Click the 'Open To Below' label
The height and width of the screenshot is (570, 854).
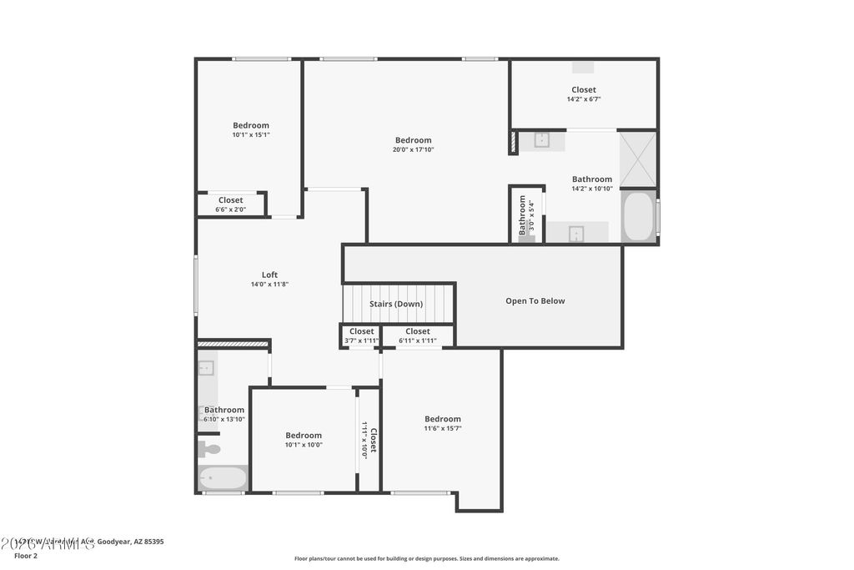point(535,301)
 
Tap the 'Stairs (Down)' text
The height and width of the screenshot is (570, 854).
point(396,304)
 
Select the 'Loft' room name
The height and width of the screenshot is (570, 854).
point(269,275)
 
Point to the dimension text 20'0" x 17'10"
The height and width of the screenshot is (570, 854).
point(413,150)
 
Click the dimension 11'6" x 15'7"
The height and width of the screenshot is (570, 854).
point(442,428)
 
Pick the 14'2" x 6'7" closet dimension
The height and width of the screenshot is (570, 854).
point(584,99)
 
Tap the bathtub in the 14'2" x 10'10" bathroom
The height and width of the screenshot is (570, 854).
point(638,217)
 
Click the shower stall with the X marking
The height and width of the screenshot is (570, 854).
point(638,159)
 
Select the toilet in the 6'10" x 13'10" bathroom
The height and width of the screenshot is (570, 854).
point(209,449)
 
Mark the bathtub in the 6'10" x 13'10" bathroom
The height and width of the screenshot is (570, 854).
point(223,478)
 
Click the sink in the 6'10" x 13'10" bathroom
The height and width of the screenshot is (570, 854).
point(206,368)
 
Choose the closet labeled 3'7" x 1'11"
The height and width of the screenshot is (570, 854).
point(361,335)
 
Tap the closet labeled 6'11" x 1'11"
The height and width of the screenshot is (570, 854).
point(418,335)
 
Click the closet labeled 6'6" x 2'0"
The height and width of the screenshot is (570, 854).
point(231,204)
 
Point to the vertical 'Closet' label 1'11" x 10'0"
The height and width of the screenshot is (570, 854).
point(369,440)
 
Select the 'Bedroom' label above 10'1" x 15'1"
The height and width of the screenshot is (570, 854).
point(250,125)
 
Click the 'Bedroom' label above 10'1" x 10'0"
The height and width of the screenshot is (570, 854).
point(304,435)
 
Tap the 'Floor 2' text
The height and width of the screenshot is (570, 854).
point(26,555)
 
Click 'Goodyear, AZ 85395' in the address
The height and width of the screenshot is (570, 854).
point(131,542)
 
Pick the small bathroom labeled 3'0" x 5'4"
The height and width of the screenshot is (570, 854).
point(525,215)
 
